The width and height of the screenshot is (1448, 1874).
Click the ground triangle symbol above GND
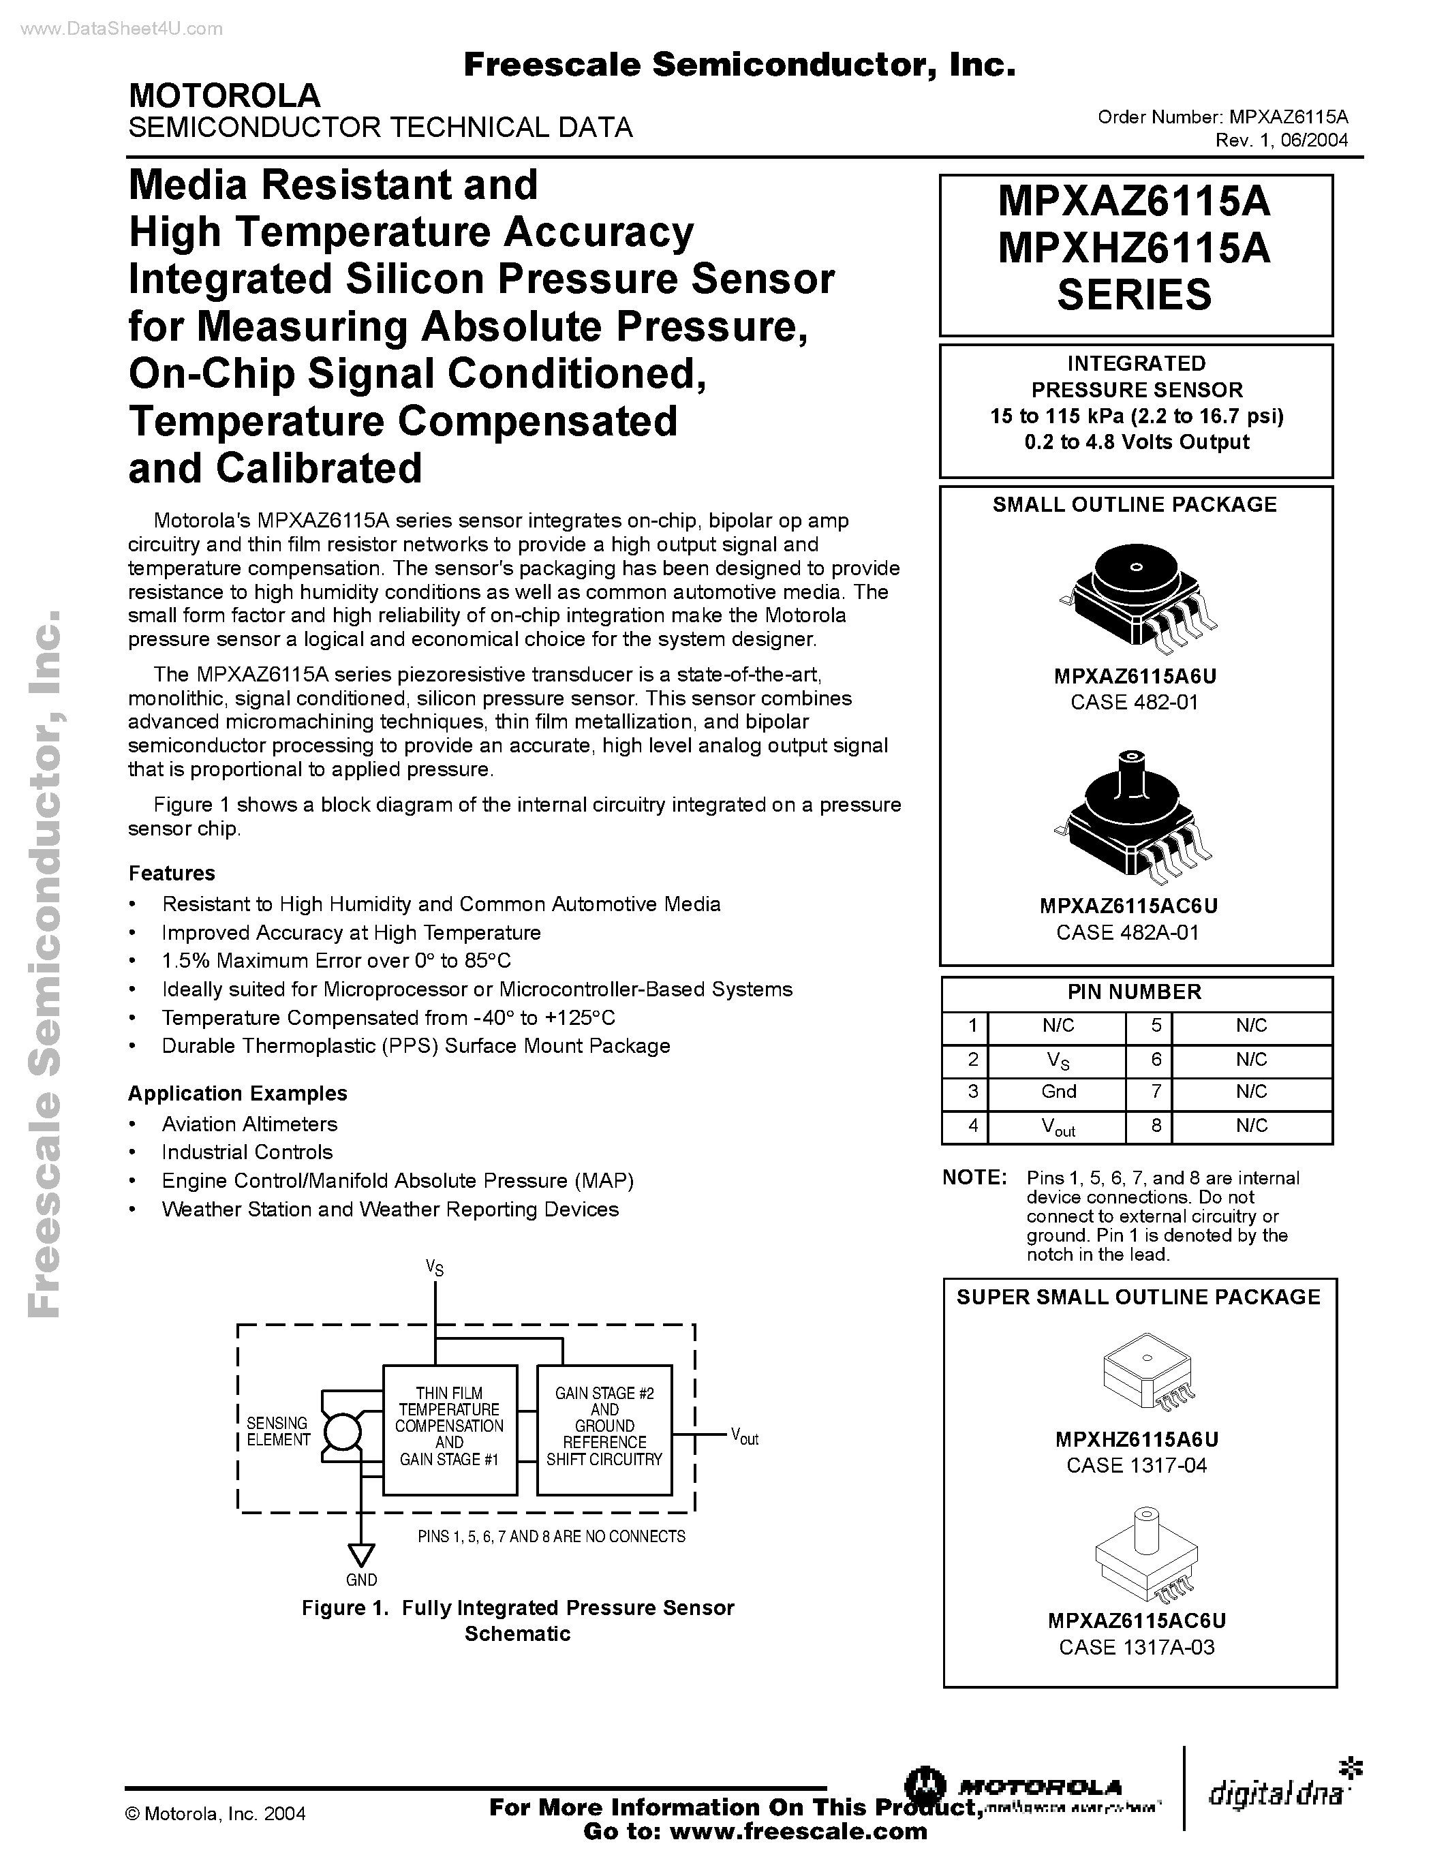(x=361, y=1556)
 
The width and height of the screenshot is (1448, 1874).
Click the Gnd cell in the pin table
(x=1058, y=1092)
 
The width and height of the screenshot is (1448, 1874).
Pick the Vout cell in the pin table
(x=1058, y=1126)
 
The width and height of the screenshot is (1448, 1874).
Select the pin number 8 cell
(x=1156, y=1126)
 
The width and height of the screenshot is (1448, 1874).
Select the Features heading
(x=172, y=873)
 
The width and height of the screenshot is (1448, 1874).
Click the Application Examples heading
(x=238, y=1093)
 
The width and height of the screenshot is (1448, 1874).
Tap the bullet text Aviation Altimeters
(x=249, y=1124)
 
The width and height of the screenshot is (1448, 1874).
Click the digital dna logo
(x=1278, y=1794)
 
